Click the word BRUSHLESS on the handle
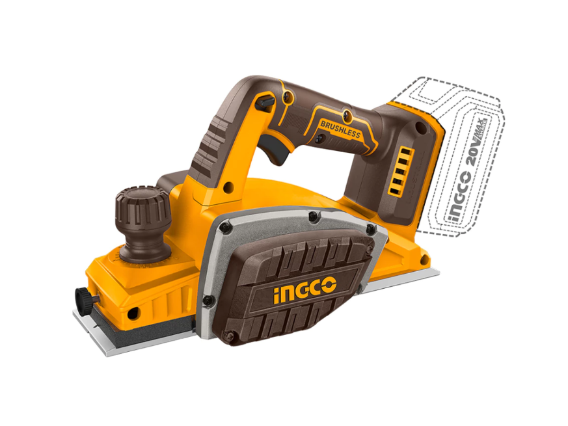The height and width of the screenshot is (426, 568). click(x=340, y=129)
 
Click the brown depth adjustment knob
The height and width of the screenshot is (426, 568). click(x=142, y=224)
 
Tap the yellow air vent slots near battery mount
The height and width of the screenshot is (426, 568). click(x=400, y=171)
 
